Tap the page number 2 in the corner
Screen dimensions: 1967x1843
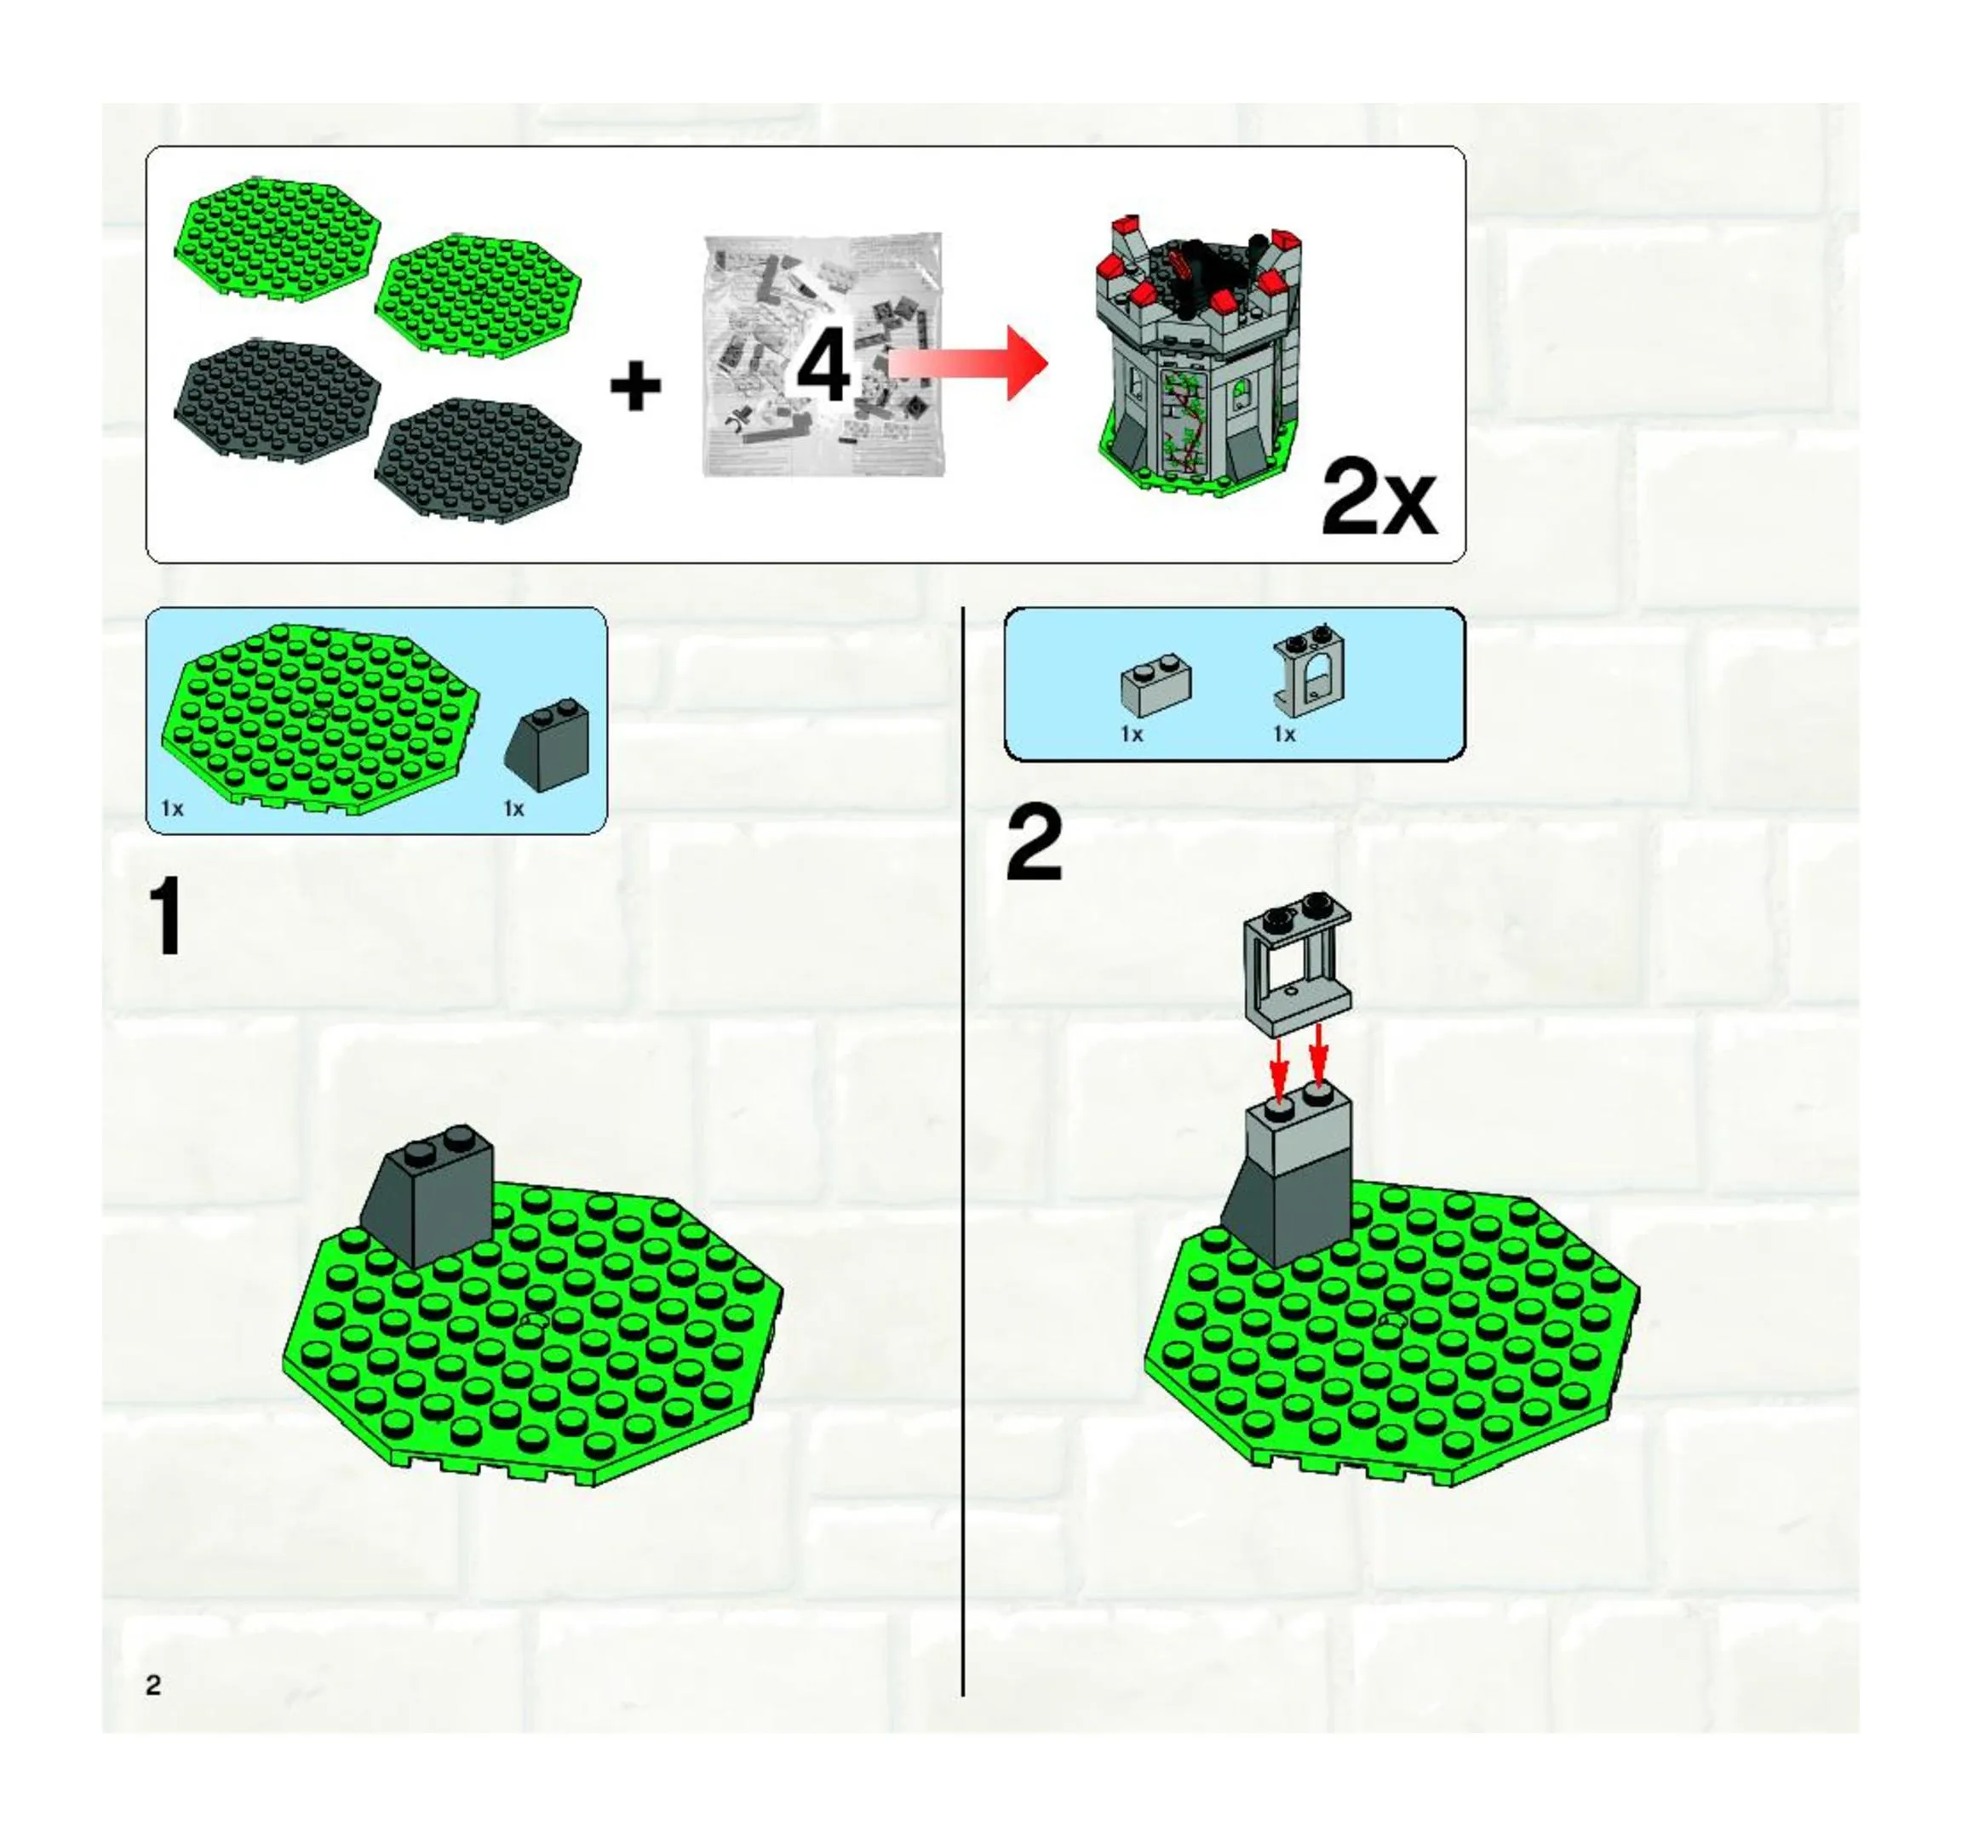pos(153,1685)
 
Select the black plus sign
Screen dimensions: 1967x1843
pos(635,386)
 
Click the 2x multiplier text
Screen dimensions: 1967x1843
pos(1379,498)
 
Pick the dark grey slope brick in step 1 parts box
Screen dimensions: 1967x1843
pos(548,745)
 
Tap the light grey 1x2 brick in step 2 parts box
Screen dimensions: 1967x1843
pos(1156,684)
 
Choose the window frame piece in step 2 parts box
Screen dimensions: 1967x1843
pos(1309,671)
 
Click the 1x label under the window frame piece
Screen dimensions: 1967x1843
pos(1284,734)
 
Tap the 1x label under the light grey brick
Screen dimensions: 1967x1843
pos(1132,734)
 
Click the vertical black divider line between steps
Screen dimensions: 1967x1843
pos(963,1152)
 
